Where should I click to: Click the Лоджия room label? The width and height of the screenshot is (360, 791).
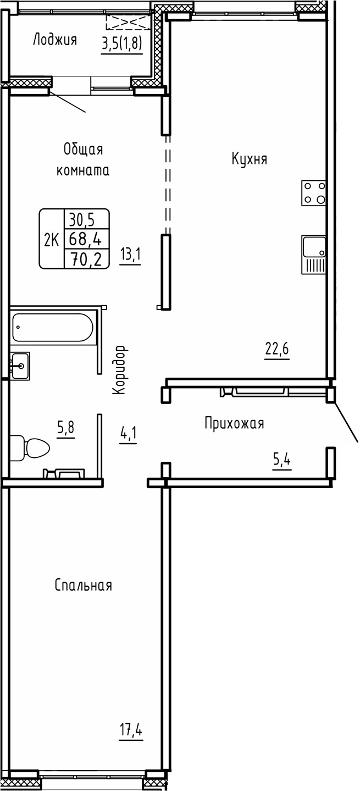tap(54, 40)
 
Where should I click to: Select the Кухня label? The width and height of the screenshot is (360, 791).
tap(249, 159)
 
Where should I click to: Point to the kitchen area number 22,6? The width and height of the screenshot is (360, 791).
tap(277, 349)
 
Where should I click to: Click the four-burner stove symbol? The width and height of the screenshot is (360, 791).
tap(314, 193)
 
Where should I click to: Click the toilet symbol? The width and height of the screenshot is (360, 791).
tap(30, 449)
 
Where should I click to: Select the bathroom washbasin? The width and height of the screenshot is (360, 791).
tap(20, 364)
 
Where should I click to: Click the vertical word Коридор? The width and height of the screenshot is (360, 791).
tap(120, 370)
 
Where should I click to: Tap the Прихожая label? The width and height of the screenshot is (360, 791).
tap(234, 424)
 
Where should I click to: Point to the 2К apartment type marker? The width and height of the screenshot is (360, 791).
tap(52, 240)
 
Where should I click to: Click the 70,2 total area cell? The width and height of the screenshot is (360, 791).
tap(87, 258)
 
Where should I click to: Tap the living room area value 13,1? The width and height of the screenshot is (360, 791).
tap(130, 255)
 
